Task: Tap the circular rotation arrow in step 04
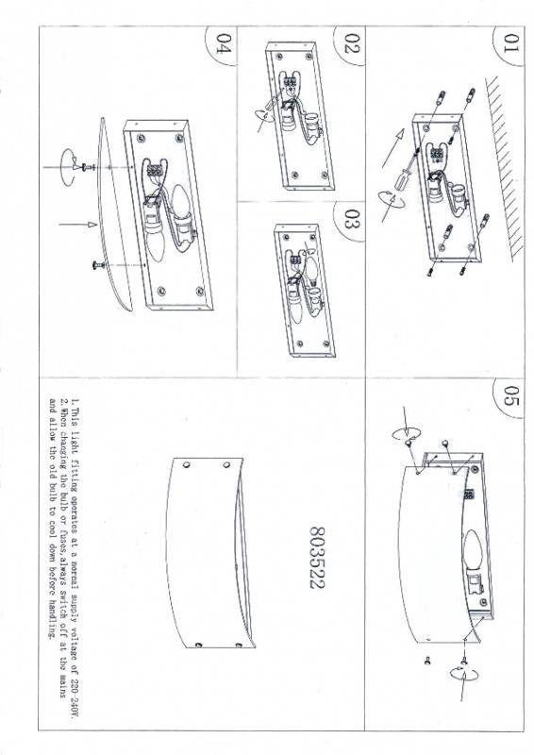[65, 166]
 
